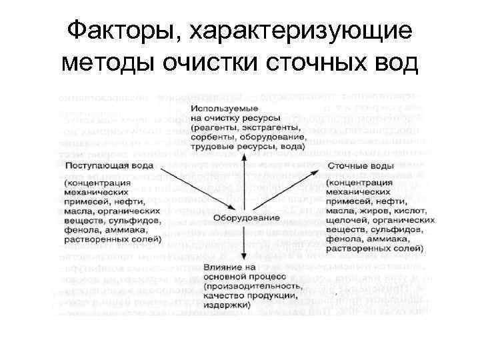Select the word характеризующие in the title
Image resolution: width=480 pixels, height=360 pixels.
pyautogui.click(x=302, y=31)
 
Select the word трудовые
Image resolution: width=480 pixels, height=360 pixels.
pyautogui.click(x=213, y=145)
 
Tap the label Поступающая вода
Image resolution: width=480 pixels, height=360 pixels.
pyautogui.click(x=109, y=165)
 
